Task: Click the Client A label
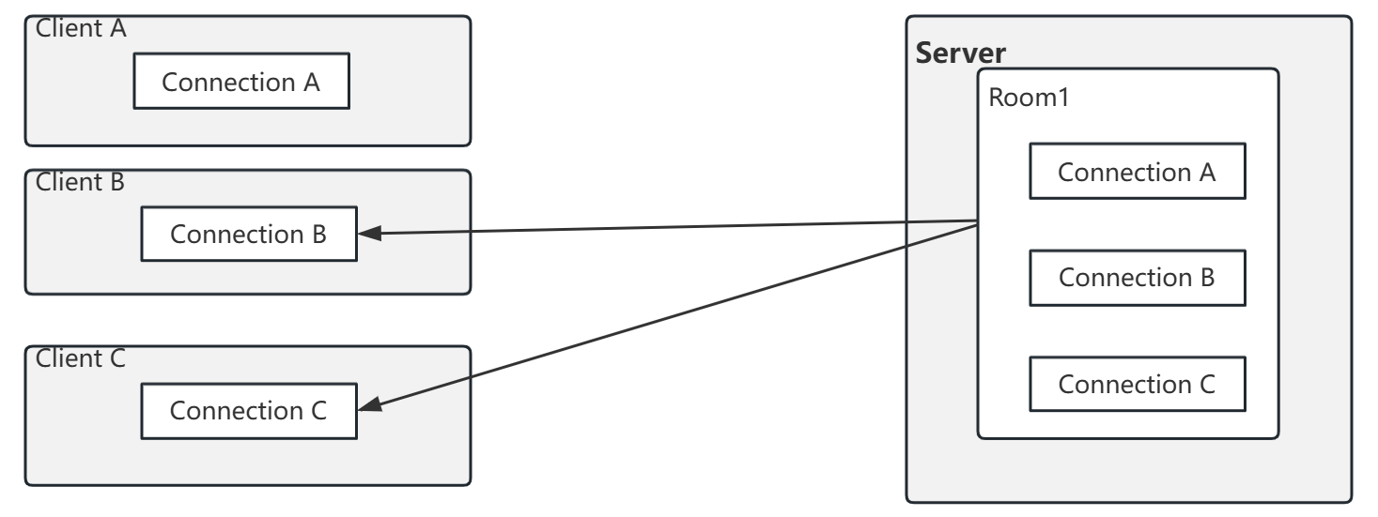80,27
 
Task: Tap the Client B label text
80,181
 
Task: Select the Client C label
80,357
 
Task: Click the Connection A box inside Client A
241,83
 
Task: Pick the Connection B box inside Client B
249,235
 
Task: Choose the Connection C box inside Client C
249,411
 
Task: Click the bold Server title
960,53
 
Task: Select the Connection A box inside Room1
1137,172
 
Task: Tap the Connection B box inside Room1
1137,278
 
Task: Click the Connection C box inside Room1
1137,384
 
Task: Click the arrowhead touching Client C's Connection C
369,406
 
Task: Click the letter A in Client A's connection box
312,83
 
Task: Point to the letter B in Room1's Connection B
1207,278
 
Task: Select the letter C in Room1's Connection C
1207,384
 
